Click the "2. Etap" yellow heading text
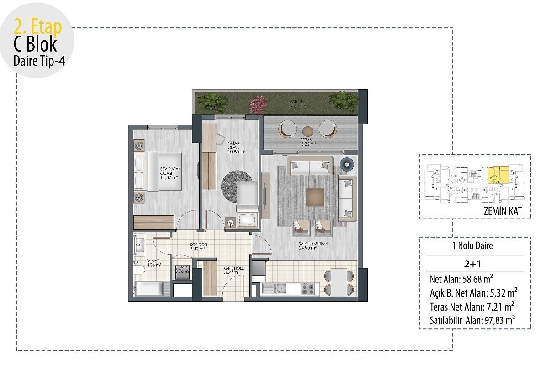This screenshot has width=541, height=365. point(37,27)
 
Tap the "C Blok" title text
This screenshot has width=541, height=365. point(35,45)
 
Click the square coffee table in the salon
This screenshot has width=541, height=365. point(315,197)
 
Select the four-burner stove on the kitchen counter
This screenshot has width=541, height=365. point(309,288)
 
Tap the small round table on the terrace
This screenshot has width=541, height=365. point(308,129)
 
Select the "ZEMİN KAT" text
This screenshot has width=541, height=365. point(502,212)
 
